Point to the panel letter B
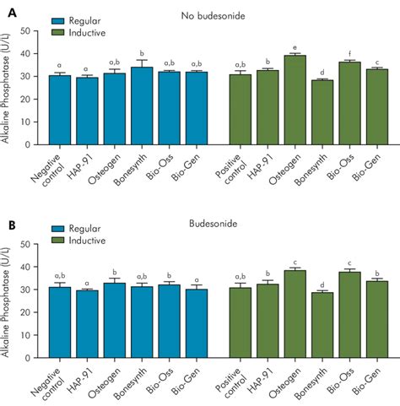click(x=8, y=225)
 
